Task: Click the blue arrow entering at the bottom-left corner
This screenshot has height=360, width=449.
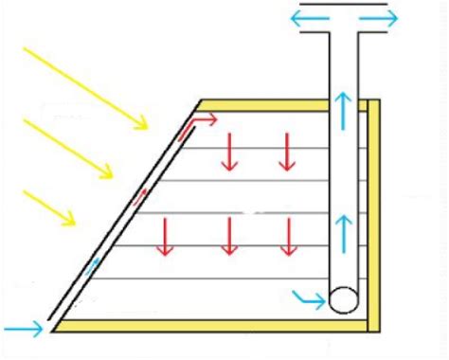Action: coord(23,330)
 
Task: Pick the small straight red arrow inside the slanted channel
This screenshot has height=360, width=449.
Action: coord(141,195)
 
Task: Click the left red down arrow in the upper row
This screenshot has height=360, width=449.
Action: coord(227,152)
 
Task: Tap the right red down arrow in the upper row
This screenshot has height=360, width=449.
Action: coord(286,152)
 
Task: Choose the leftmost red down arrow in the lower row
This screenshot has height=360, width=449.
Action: coord(165,237)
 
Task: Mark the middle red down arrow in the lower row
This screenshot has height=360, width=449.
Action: coord(227,237)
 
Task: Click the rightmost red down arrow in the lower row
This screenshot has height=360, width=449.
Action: coord(286,237)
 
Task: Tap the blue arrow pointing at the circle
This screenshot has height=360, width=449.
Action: coord(309,299)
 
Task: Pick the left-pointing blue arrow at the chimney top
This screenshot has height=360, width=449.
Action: coord(311,18)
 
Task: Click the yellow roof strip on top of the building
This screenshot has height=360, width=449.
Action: coord(284,104)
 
